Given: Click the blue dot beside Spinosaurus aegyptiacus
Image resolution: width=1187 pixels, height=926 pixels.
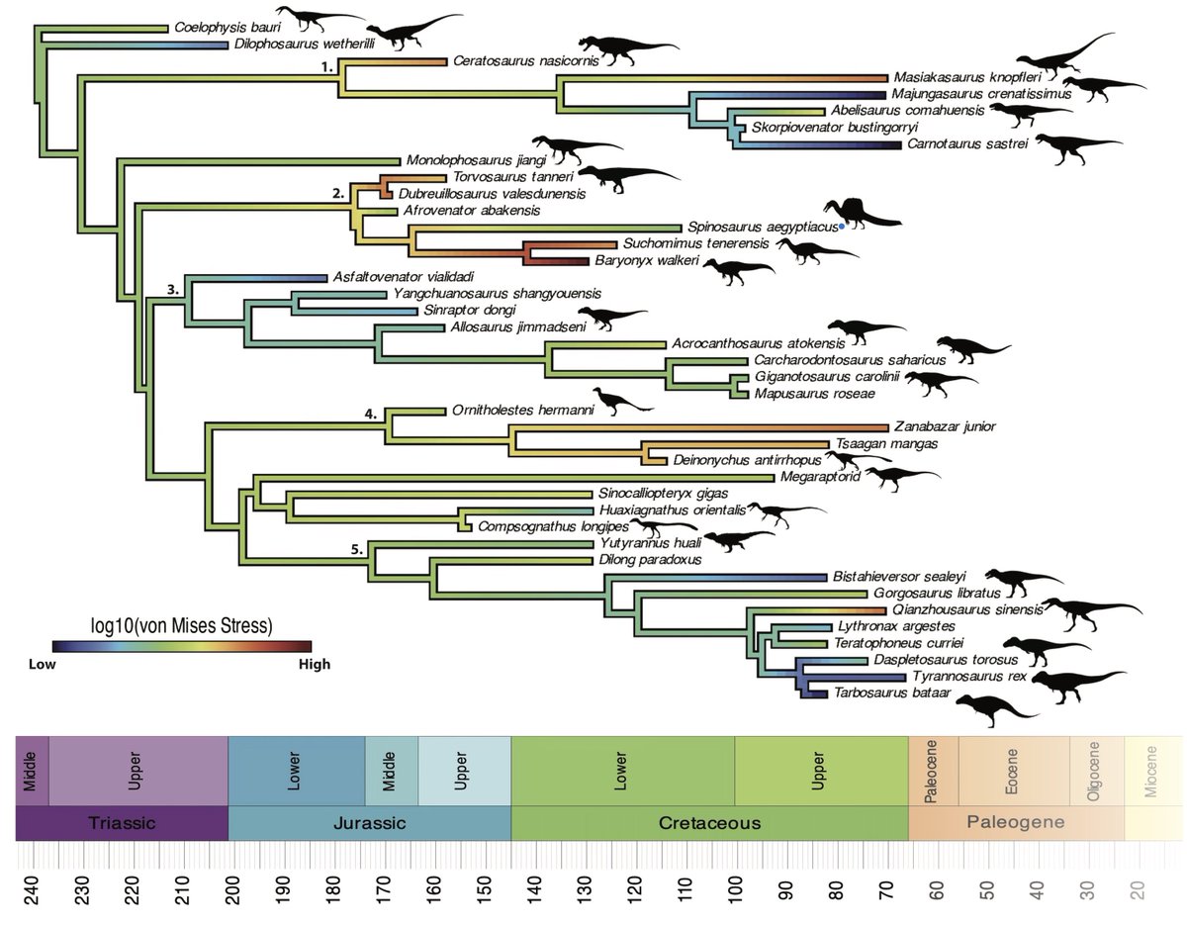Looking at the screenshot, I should pyautogui.click(x=841, y=227).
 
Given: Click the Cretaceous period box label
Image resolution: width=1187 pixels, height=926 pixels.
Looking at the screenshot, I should pyautogui.click(x=708, y=822).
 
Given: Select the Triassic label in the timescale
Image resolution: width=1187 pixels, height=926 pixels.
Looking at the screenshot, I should pyautogui.click(x=121, y=822).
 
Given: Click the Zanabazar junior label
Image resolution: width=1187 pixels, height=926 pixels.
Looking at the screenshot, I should pyautogui.click(x=944, y=426).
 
